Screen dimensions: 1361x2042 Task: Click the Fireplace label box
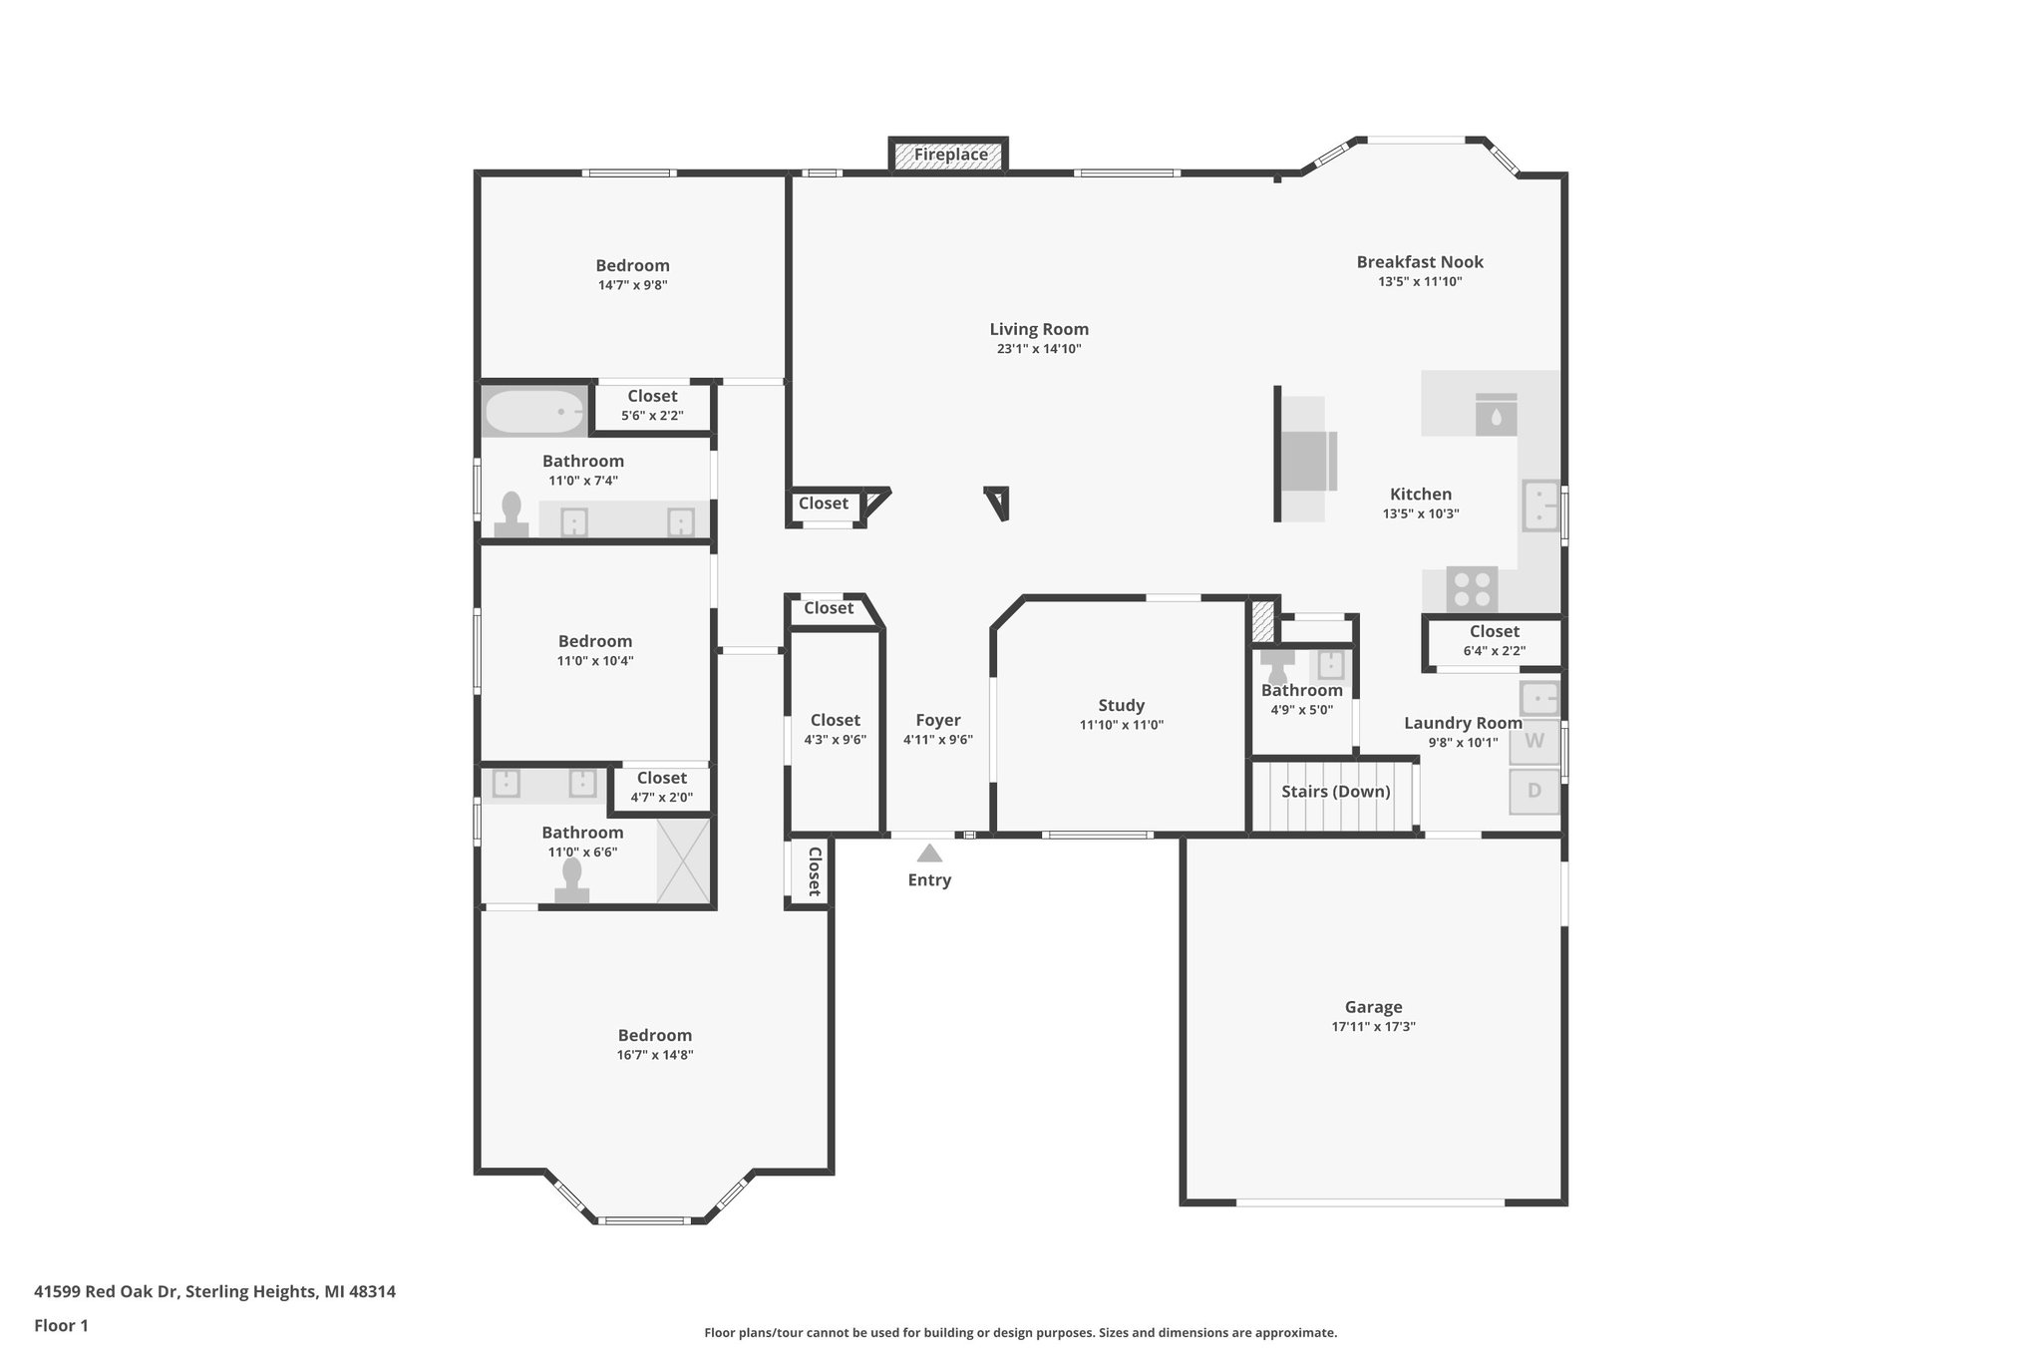click(x=949, y=155)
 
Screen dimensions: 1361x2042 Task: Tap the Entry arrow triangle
click(x=929, y=853)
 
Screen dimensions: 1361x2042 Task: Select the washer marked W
click(x=1533, y=741)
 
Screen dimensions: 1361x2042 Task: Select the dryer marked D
click(x=1533, y=791)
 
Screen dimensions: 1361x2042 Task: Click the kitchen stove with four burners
click(x=1472, y=587)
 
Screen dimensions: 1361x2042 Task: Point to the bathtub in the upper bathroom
click(x=533, y=411)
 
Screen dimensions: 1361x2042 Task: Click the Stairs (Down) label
click(x=1335, y=792)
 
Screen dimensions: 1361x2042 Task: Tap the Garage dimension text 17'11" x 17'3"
click(x=1373, y=1026)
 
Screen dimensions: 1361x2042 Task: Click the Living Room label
click(x=1039, y=329)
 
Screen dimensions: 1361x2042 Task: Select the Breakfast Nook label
click(x=1420, y=262)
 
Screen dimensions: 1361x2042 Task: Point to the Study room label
click(x=1121, y=706)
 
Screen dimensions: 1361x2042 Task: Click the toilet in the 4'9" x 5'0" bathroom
click(x=1277, y=667)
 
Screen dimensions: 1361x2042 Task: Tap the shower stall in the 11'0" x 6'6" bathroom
click(x=683, y=860)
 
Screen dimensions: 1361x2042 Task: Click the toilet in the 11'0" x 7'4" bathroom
click(x=512, y=515)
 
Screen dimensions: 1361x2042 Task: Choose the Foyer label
click(x=937, y=720)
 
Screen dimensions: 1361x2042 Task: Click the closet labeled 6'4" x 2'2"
click(x=1494, y=641)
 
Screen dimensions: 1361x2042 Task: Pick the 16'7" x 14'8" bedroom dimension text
click(x=654, y=1055)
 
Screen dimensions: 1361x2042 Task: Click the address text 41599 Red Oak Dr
click(x=107, y=1292)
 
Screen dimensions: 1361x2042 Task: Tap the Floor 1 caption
click(x=61, y=1326)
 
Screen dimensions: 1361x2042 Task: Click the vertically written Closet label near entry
click(x=814, y=872)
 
